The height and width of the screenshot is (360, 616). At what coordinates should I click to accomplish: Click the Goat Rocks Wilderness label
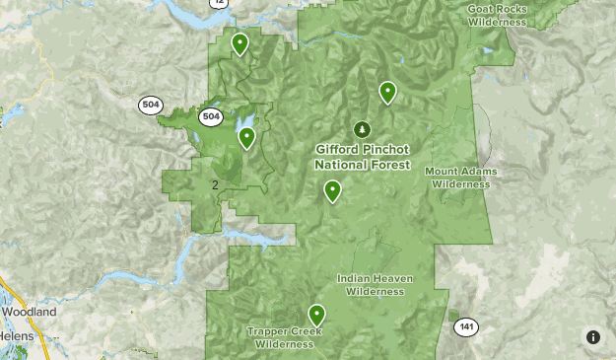(x=498, y=14)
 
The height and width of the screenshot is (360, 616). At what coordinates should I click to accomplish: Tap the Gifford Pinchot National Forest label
(x=363, y=157)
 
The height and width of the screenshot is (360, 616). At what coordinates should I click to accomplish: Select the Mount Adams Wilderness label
(x=461, y=178)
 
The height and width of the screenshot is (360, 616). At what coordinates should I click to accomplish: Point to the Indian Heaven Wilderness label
(x=376, y=285)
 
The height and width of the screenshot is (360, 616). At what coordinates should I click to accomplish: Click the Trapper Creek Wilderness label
(x=285, y=338)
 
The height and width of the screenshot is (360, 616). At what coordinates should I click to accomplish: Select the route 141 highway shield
(x=466, y=326)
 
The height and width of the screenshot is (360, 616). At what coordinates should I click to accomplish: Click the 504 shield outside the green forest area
(x=150, y=105)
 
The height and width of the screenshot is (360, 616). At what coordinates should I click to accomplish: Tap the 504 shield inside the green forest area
(x=211, y=116)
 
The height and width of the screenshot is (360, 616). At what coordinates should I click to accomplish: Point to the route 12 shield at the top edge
(x=218, y=4)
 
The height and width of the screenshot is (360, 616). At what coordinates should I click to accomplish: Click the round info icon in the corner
(x=593, y=337)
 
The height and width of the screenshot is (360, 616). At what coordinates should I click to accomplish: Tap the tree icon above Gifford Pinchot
(x=362, y=129)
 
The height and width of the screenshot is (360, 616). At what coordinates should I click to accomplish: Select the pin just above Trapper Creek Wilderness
(x=316, y=315)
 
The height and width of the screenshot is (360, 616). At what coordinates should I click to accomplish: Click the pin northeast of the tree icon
(x=387, y=93)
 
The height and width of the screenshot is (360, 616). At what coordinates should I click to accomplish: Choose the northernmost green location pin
(x=240, y=43)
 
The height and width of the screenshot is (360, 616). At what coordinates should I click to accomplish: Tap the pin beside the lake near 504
(x=246, y=137)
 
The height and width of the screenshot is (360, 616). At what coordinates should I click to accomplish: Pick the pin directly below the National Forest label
(x=333, y=190)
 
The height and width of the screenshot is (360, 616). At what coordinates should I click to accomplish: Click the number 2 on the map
(x=215, y=184)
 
